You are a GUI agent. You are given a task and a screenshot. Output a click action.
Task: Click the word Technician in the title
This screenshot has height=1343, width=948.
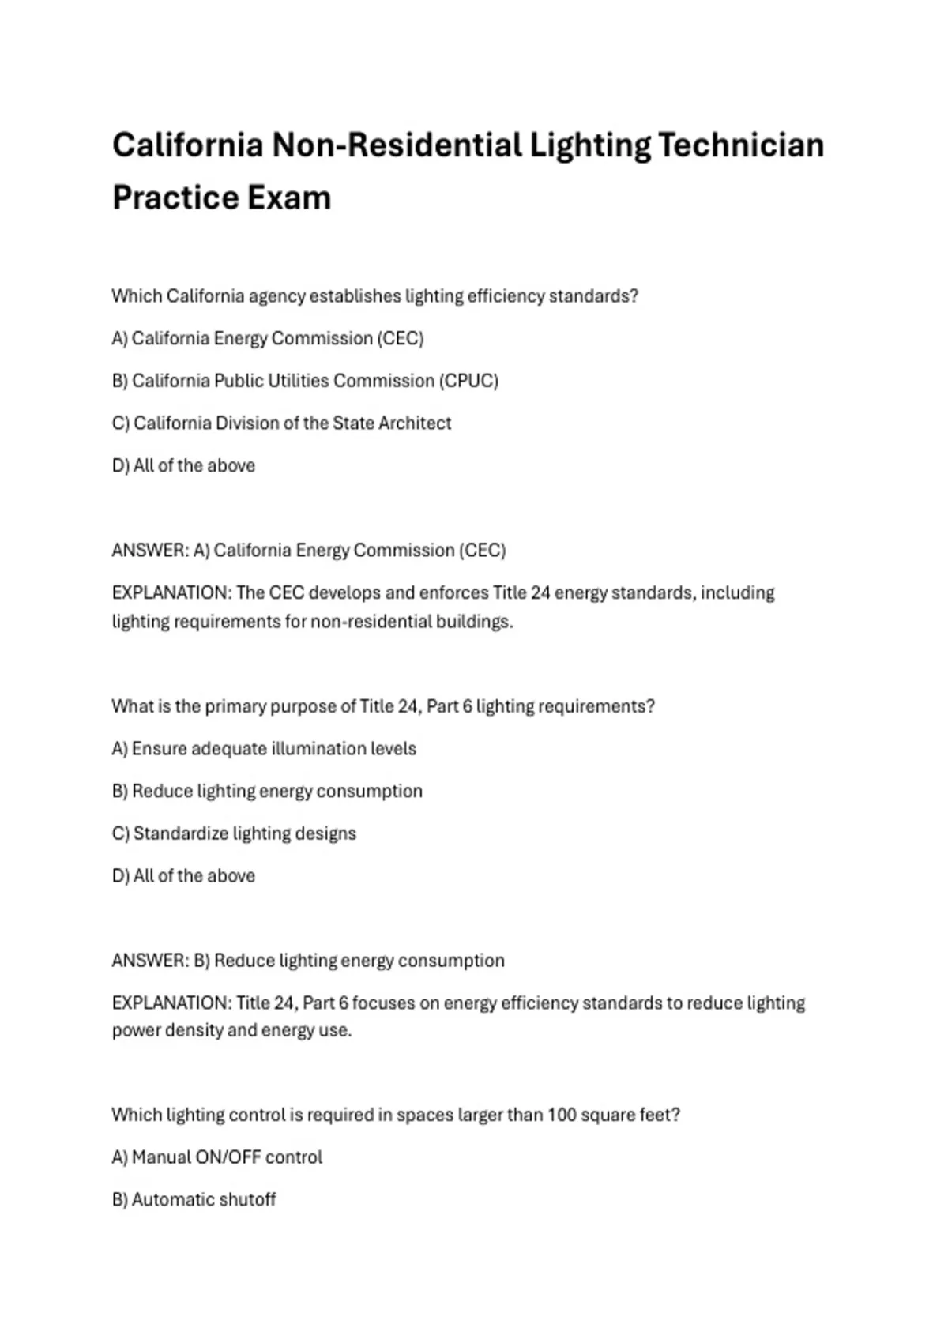(x=741, y=145)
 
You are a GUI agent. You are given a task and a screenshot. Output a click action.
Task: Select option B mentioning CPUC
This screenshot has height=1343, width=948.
(x=305, y=381)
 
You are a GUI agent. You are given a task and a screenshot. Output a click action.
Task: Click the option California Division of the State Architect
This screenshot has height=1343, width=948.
(x=281, y=423)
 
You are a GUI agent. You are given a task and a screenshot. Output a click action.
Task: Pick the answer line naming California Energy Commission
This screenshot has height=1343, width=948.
(x=308, y=550)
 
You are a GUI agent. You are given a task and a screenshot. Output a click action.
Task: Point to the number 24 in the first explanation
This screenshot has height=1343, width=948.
(x=540, y=592)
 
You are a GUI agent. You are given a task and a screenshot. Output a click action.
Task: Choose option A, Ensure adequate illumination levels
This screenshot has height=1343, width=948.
(x=264, y=748)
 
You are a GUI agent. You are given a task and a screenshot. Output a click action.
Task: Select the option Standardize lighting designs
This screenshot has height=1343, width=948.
(x=234, y=833)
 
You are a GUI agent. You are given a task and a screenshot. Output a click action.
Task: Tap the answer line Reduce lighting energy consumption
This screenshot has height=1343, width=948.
(x=308, y=961)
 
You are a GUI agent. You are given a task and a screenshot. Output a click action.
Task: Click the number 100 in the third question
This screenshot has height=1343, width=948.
(x=562, y=1115)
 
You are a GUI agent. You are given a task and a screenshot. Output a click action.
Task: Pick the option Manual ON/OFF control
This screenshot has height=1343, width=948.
(x=217, y=1157)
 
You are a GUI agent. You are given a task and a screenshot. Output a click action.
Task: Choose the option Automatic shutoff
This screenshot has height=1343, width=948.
(x=194, y=1200)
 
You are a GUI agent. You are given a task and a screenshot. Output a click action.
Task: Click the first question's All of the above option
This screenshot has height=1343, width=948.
(x=183, y=466)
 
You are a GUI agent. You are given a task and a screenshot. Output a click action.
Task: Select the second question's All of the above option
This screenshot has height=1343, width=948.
(x=183, y=876)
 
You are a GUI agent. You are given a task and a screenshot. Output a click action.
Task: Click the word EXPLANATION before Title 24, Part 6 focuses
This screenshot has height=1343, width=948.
(x=171, y=1003)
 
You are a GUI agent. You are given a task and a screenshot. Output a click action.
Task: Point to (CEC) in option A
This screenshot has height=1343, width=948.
(x=401, y=339)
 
